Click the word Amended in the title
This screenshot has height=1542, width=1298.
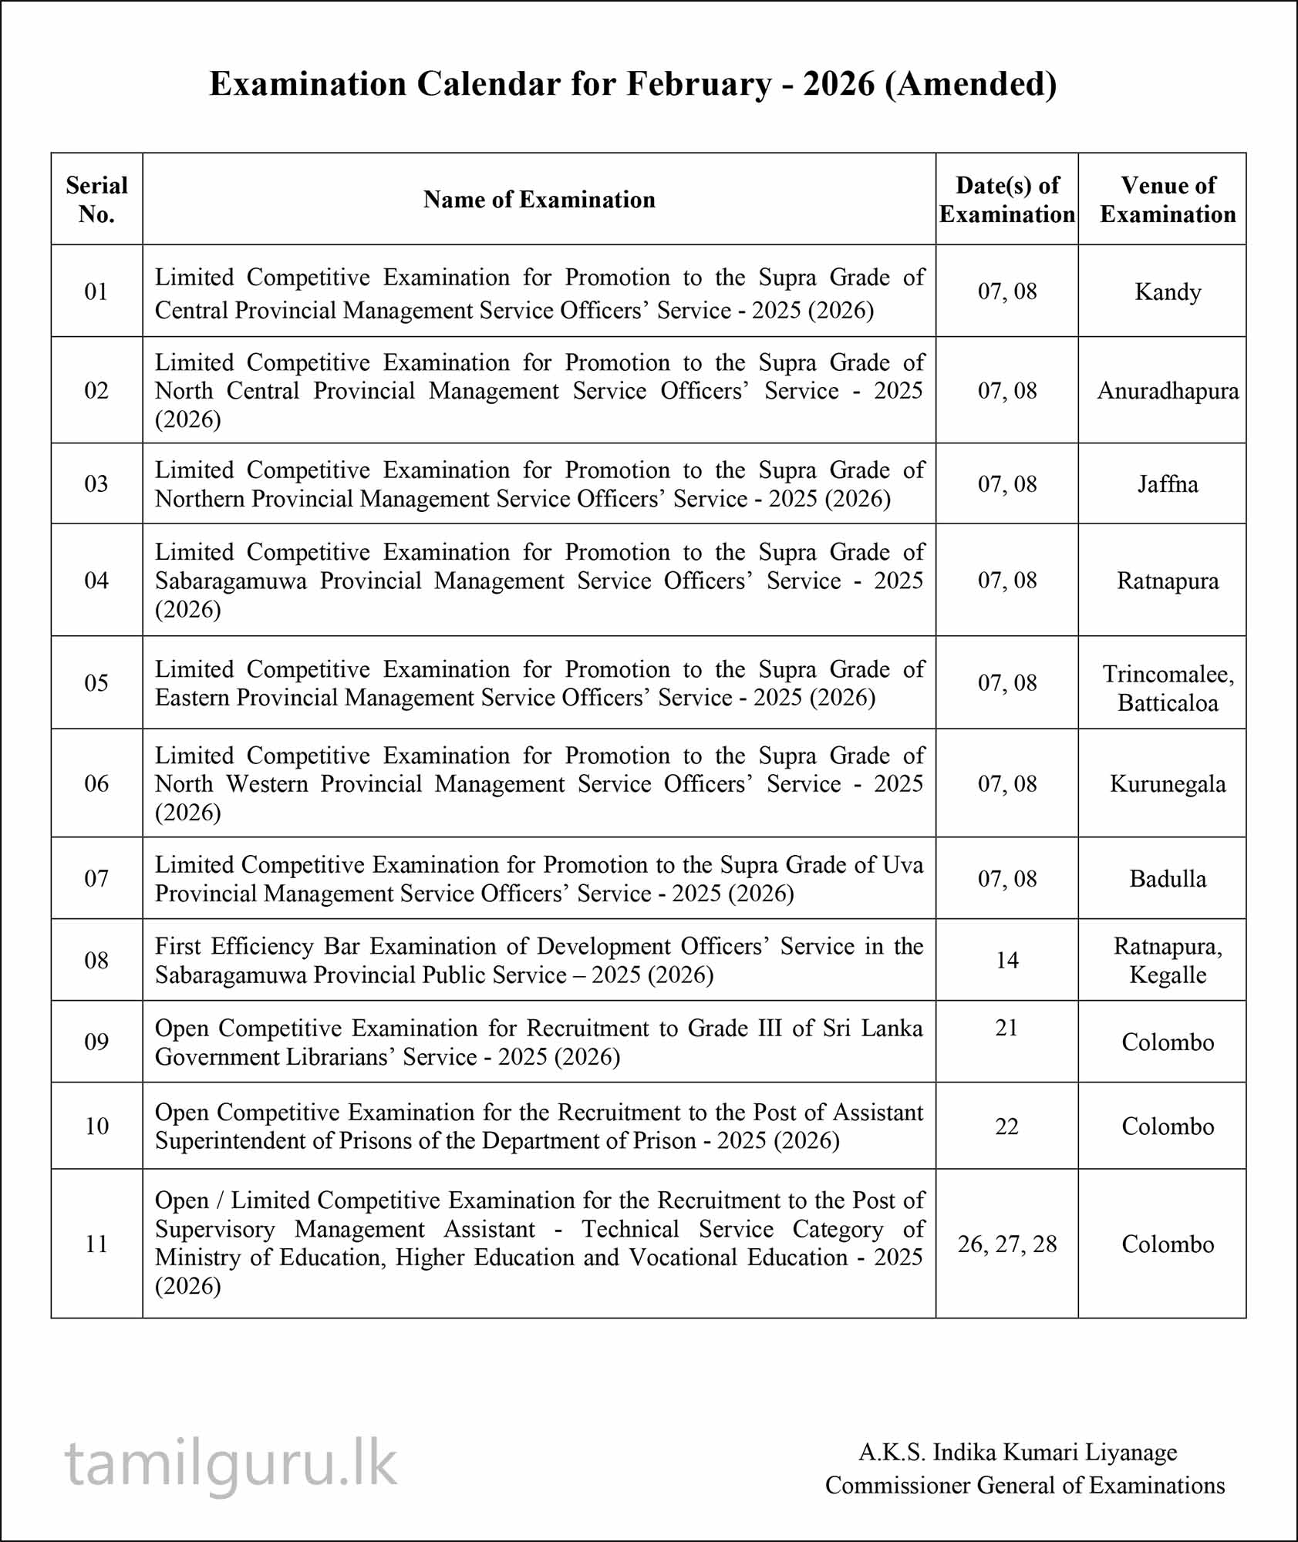(x=971, y=84)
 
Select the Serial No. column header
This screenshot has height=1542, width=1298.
(x=96, y=200)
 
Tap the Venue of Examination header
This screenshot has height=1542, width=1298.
(x=1168, y=200)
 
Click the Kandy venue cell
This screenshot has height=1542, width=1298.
(x=1168, y=292)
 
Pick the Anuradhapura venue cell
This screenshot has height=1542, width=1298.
(x=1168, y=391)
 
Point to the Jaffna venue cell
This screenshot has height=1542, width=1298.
(x=1168, y=484)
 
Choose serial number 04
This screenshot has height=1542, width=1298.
(x=96, y=581)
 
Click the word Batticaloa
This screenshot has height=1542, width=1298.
(x=1168, y=703)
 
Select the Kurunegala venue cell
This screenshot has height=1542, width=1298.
(x=1168, y=784)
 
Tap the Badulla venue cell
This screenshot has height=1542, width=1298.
(x=1168, y=879)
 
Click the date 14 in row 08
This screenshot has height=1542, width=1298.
(x=1006, y=961)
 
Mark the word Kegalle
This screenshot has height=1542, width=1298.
(x=1168, y=975)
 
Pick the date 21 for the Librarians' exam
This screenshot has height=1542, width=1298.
(x=1006, y=1028)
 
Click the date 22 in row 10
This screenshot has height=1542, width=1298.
(x=1006, y=1126)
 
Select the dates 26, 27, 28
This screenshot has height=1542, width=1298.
(x=1006, y=1244)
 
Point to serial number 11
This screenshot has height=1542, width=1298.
(x=96, y=1244)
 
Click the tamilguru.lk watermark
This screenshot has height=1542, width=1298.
(x=231, y=1463)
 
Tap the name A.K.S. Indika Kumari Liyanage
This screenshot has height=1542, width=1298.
(x=1018, y=1453)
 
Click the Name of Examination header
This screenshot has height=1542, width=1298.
(x=539, y=200)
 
